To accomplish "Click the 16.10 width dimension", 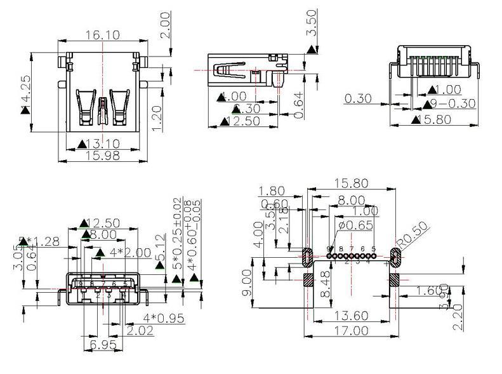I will click(x=102, y=36).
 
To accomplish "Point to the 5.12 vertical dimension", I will click(x=161, y=248).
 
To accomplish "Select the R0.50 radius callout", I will click(x=414, y=236).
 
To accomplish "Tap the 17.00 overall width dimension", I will click(x=351, y=330).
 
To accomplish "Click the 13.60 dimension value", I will click(x=351, y=315).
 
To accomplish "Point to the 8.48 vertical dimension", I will click(x=326, y=284).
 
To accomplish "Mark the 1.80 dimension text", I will click(x=272, y=190).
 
